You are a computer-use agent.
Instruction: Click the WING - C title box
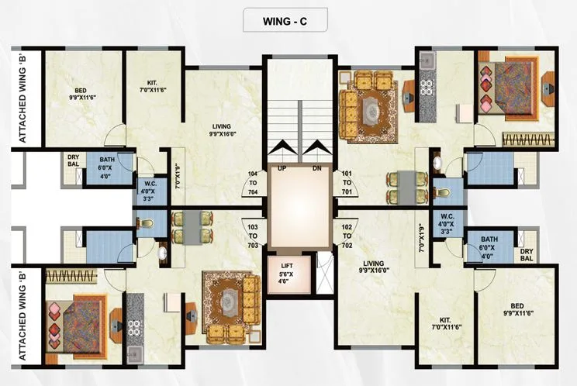point(288,21)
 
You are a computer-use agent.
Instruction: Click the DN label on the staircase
point(316,167)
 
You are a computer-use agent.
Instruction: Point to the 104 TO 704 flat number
point(251,182)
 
